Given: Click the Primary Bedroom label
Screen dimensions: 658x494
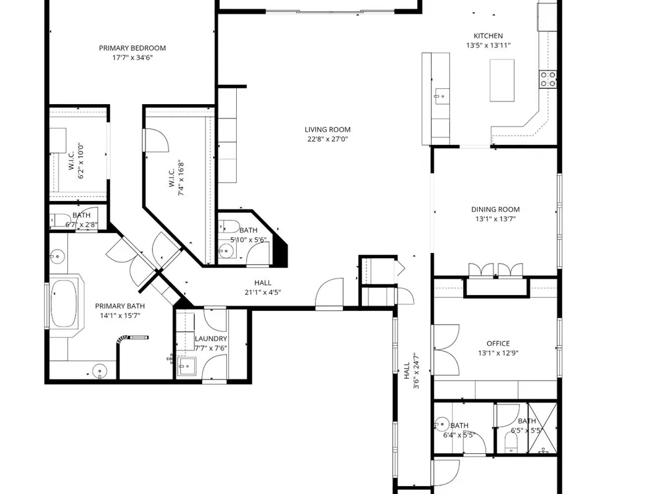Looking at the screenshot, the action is (x=132, y=48).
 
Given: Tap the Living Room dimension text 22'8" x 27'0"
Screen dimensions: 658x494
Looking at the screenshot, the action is (x=328, y=139).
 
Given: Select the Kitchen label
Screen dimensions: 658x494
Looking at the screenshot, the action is (x=488, y=36).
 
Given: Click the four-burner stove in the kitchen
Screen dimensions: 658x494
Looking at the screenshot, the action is (x=548, y=79).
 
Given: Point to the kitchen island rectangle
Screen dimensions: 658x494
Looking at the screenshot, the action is (x=502, y=80).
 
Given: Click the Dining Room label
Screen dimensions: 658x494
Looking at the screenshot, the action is (x=495, y=209).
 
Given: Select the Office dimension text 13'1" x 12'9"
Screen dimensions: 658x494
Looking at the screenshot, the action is (x=498, y=353).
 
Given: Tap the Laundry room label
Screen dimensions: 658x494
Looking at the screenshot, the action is (x=211, y=339).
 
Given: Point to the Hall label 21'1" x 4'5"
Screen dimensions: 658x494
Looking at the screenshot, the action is (x=263, y=288).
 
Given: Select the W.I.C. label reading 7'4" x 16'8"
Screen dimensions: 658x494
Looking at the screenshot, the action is (x=176, y=178).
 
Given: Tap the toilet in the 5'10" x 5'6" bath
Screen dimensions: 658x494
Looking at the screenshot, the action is (x=229, y=227).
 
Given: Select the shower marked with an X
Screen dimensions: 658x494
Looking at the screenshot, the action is (x=542, y=428).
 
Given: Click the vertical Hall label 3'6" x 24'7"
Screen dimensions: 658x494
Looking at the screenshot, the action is (x=411, y=370).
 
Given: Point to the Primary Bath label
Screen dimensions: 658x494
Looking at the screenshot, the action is (x=120, y=306).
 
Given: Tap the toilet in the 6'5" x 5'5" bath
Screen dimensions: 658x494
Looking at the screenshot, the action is (x=511, y=443).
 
